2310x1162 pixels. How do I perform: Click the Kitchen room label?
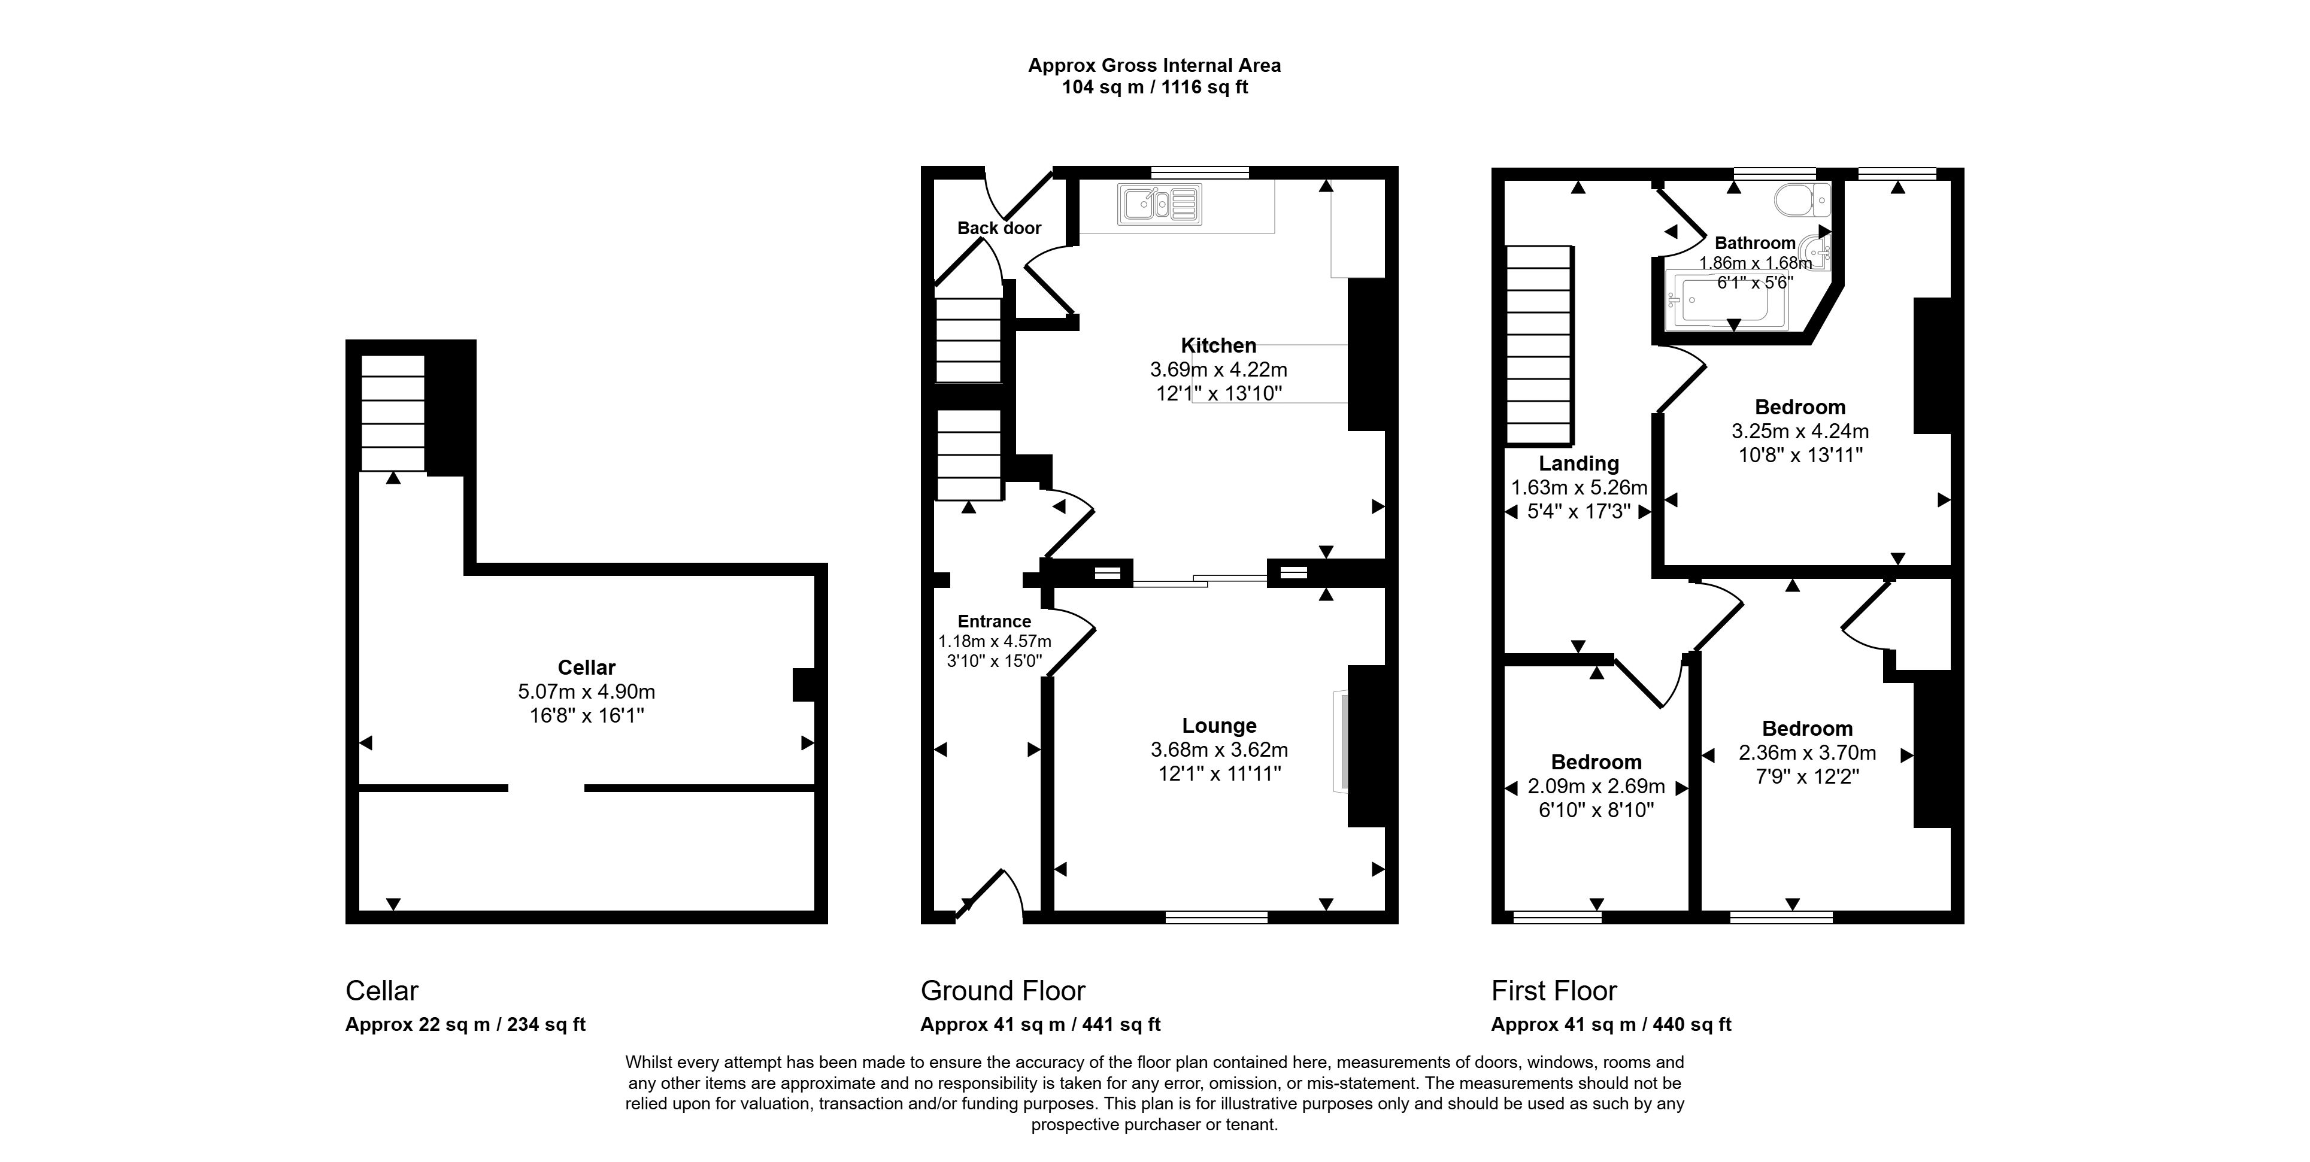tap(1218, 345)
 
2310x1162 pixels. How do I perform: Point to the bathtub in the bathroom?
tap(1726, 301)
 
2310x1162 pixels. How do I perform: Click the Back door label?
tap(999, 227)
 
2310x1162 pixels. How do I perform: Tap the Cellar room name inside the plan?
tap(586, 667)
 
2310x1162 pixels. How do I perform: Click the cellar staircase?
tap(393, 412)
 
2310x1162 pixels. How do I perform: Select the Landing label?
tap(1579, 463)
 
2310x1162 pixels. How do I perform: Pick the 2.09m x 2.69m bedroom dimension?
tap(1596, 786)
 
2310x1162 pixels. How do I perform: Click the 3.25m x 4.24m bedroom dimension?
tap(1800, 431)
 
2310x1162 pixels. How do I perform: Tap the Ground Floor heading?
tap(1002, 991)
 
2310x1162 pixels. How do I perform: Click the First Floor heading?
tap(1554, 991)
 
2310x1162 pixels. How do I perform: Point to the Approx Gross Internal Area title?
tap(1154, 65)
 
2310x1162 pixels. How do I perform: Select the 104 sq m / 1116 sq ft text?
tap(1155, 87)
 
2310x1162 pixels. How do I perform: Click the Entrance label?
tap(995, 621)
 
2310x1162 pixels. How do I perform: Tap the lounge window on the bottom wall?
tap(1217, 917)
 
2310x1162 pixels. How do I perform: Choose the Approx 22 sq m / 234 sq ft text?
tap(465, 1024)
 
